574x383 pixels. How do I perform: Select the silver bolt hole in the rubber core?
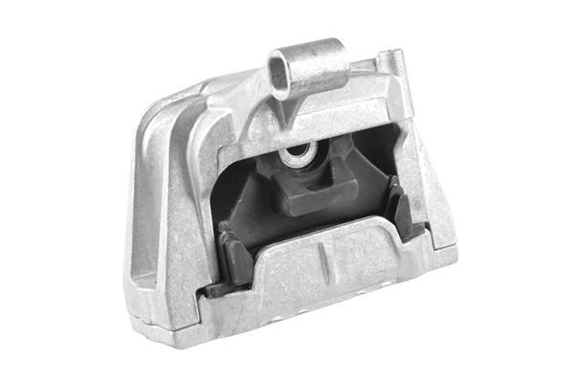point(297,153)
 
